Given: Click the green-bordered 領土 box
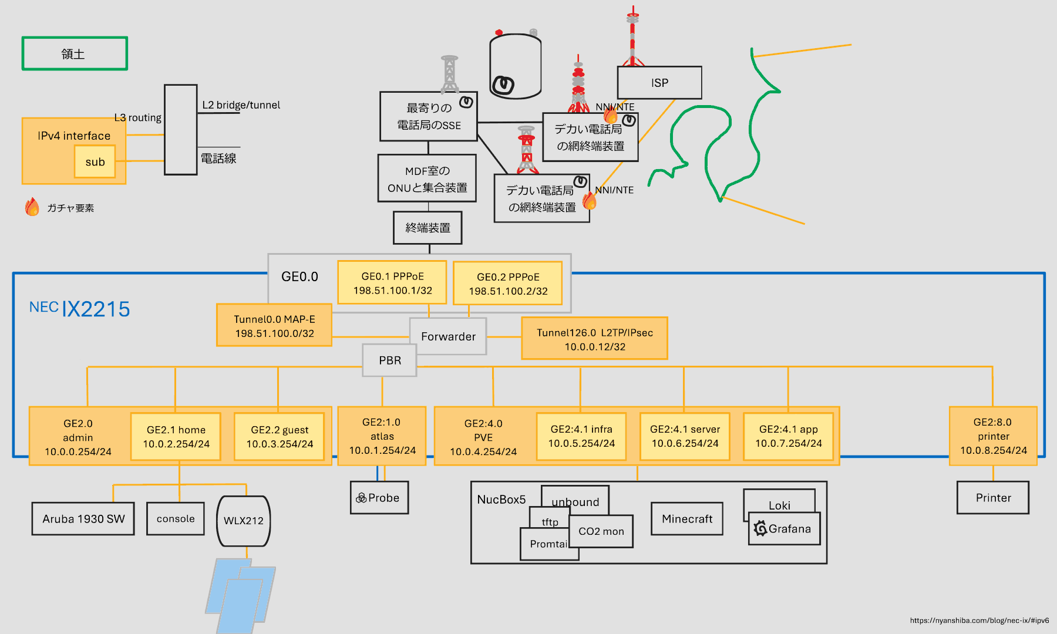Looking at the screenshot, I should point(75,53).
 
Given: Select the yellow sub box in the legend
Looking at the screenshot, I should point(95,161).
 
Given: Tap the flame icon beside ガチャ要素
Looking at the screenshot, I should point(32,207).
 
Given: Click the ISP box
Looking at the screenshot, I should point(659,83).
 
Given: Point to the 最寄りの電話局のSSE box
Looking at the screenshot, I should point(428,116).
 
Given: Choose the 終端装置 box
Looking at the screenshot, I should point(427,228).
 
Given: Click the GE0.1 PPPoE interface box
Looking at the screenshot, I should point(392,283).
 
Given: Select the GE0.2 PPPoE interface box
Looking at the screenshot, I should point(508,284).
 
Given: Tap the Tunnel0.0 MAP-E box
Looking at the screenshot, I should point(274,326).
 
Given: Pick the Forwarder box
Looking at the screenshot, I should point(448,336).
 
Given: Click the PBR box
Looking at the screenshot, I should point(390,360).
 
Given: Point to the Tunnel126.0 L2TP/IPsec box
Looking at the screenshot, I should point(594,339).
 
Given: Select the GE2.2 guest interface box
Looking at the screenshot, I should point(280,437).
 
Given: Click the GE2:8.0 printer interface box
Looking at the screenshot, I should point(993,436).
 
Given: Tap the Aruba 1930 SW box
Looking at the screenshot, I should point(83,519).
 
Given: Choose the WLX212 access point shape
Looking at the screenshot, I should point(244,521).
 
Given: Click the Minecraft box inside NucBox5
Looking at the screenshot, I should point(687,519).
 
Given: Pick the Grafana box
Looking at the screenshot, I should point(785,529).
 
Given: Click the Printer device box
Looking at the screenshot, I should point(993,498).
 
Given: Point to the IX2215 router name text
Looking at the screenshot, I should point(96,309).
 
